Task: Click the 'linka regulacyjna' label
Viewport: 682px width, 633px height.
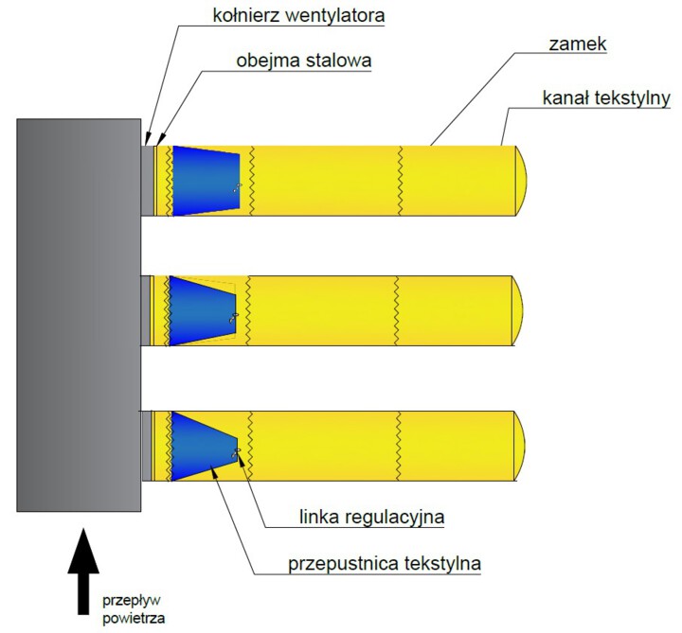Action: pyautogui.click(x=364, y=517)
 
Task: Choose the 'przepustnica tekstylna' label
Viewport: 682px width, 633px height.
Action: pyautogui.click(x=385, y=564)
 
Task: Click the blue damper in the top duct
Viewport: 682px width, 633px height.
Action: pyautogui.click(x=205, y=180)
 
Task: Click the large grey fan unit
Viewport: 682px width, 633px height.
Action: pyautogui.click(x=78, y=312)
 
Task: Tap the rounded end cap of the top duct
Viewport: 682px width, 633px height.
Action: pyautogui.click(x=520, y=180)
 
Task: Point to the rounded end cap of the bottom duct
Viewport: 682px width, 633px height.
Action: pyautogui.click(x=520, y=445)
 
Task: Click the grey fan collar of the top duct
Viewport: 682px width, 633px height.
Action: pyautogui.click(x=147, y=180)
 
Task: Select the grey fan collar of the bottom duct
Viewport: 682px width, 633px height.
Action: pyautogui.click(x=147, y=445)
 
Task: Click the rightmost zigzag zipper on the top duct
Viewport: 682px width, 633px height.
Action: pyautogui.click(x=401, y=180)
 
